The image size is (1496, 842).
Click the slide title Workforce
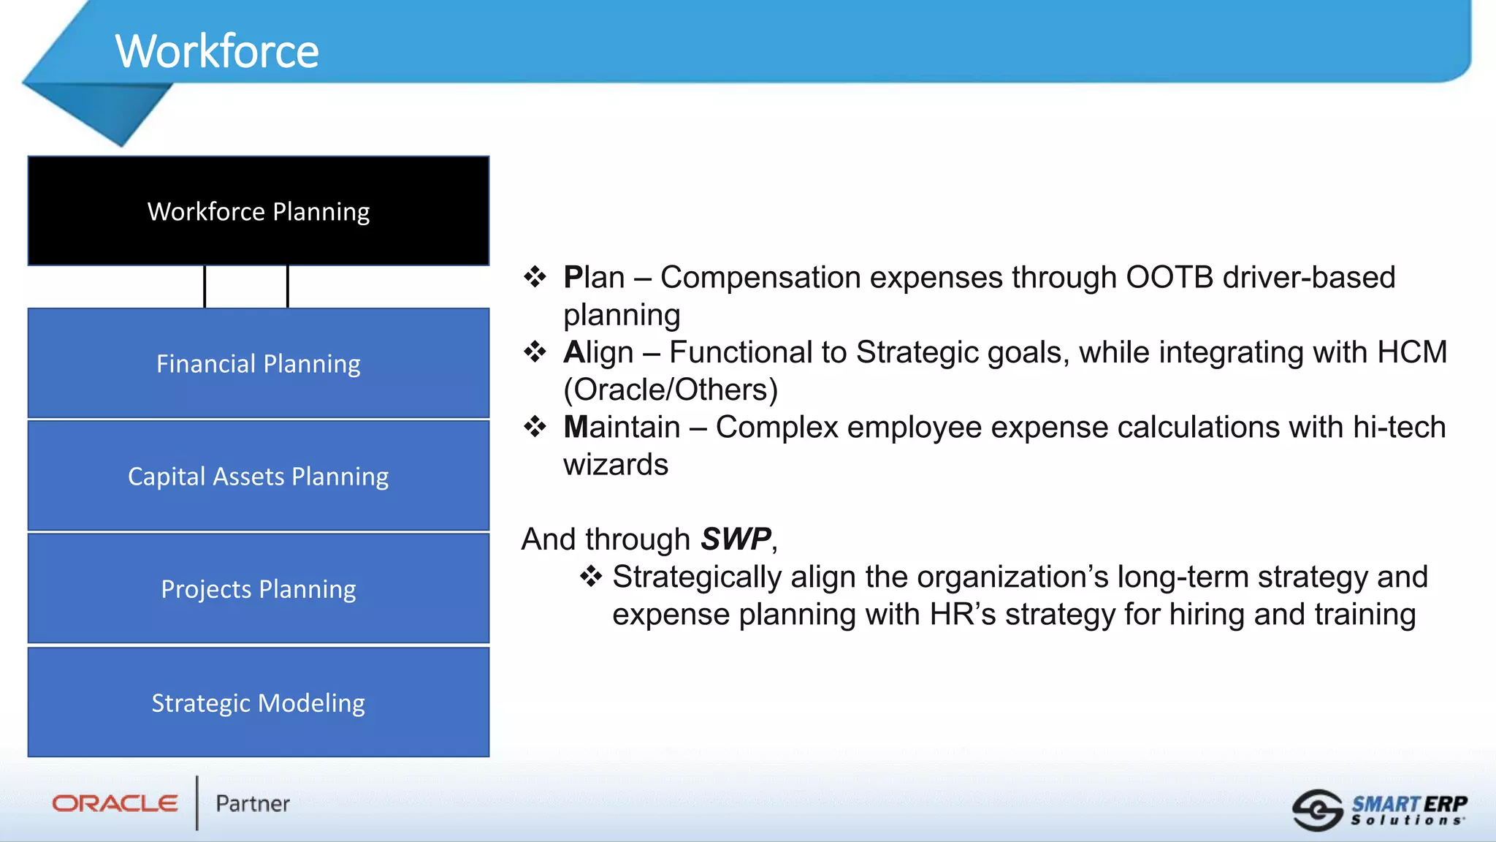coord(217,51)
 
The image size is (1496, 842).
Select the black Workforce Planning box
coord(259,211)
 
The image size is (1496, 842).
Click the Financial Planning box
coord(259,363)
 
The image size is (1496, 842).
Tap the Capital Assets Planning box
coord(259,476)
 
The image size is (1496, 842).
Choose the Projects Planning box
coord(259,588)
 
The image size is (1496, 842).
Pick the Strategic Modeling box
coord(259,702)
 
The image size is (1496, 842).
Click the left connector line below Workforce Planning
coord(205,287)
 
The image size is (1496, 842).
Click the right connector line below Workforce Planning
coord(288,287)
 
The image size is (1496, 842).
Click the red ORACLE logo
coord(115,803)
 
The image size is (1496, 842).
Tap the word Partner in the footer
coord(253,804)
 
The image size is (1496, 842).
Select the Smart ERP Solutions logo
coord(1379,810)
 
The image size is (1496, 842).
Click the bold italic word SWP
coord(736,539)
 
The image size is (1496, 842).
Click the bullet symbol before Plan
coord(535,277)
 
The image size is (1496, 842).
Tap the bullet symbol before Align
coord(535,352)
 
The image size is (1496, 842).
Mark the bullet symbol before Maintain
coord(535,426)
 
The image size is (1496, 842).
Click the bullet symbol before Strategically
coord(590,576)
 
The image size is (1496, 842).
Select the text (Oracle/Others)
coord(671,390)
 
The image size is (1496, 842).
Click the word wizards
coord(616,465)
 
